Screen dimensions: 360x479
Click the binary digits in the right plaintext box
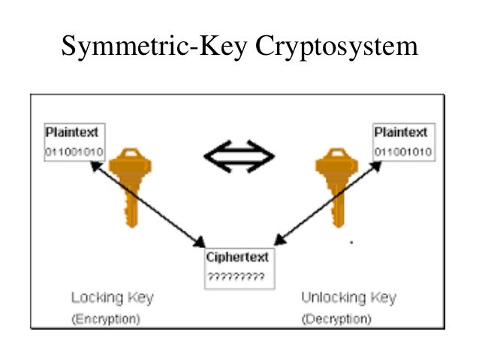pos(403,151)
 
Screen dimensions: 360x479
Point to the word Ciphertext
pos(237,257)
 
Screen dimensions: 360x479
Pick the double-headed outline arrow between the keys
pos(239,156)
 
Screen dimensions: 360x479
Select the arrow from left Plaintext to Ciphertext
pos(146,203)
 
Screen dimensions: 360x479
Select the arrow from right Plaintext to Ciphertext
pos(327,203)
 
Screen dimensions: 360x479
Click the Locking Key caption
pos(112,298)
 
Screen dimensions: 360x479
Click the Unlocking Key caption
pos(348,298)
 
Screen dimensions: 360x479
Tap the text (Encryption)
pos(106,319)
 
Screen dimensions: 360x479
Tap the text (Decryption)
pos(336,319)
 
